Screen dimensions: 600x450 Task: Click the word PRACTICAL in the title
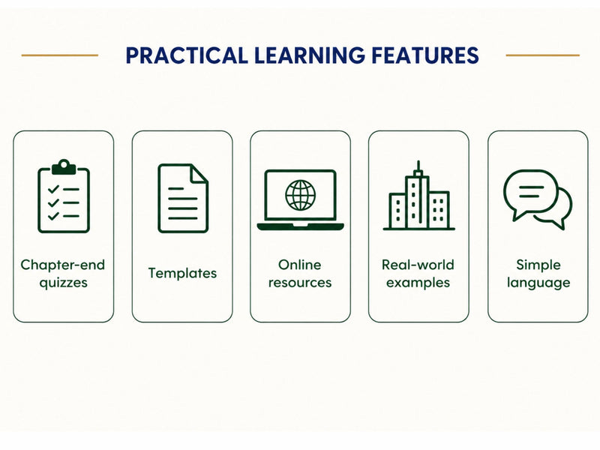coord(187,55)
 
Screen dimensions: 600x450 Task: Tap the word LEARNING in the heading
coord(310,55)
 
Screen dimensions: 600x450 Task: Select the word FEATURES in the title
coord(425,55)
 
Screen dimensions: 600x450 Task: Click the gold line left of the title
coord(60,55)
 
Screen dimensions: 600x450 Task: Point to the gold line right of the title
coord(542,55)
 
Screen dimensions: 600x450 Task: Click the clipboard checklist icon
coord(64,196)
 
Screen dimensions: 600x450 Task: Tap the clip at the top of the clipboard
coord(64,166)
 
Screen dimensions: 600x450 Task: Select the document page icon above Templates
coord(183,198)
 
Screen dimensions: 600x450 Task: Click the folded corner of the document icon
coord(199,173)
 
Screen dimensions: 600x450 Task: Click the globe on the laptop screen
coord(301,195)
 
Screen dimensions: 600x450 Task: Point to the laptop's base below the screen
coord(301,226)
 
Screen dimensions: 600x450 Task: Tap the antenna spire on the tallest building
coord(418,168)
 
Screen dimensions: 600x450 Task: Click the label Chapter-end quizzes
coord(63,274)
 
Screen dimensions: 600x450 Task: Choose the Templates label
coord(182,273)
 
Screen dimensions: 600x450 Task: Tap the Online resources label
coord(300,274)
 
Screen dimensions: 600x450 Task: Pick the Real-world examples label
coord(418,274)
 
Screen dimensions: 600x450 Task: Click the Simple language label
coord(538,274)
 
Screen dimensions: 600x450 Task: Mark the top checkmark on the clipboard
coord(53,189)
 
